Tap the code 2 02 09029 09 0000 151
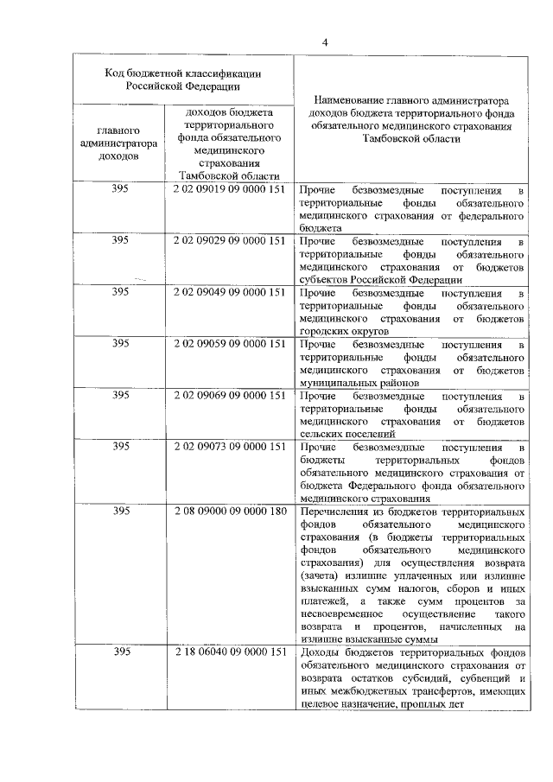(x=229, y=241)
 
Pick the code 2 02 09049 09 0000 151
(x=229, y=292)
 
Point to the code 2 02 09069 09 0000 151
(x=229, y=395)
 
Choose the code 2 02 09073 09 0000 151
(x=229, y=447)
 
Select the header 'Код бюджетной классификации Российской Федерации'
(x=182, y=79)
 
